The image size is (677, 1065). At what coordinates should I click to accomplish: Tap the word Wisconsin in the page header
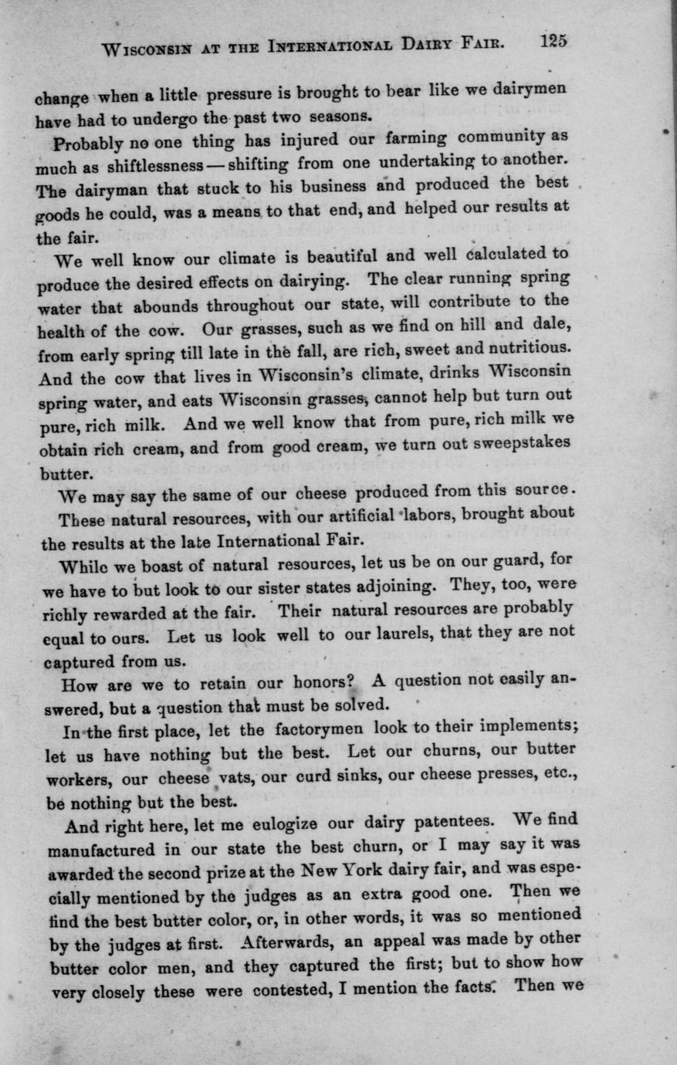147,50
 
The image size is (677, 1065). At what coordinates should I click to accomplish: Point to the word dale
553,323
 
